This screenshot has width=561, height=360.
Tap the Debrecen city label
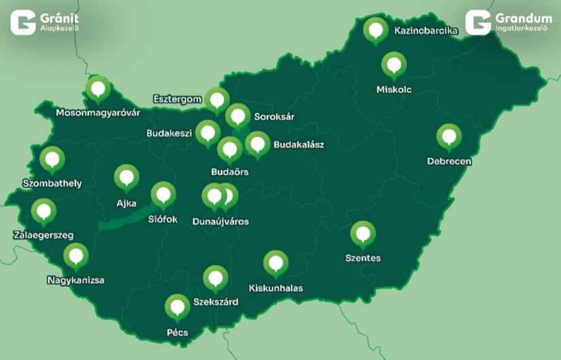(x=449, y=161)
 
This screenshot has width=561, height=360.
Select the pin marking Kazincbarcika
(x=375, y=30)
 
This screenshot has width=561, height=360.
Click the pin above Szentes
(x=362, y=234)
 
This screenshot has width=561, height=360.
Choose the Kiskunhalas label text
(x=275, y=288)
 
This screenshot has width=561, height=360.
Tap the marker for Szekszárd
(x=216, y=278)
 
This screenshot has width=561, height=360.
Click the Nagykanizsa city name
(x=75, y=280)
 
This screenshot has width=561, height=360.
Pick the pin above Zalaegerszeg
(x=44, y=211)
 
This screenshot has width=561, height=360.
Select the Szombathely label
(x=52, y=183)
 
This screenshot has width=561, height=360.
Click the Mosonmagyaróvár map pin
(x=99, y=88)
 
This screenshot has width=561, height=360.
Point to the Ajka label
(x=126, y=202)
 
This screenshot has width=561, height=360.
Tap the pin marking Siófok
(x=163, y=195)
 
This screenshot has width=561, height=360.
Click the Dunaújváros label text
(x=220, y=221)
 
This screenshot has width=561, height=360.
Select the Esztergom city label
(x=177, y=99)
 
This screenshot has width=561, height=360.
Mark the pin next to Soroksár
(x=237, y=116)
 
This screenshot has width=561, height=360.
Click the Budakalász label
(x=299, y=144)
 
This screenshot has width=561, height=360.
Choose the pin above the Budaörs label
(x=230, y=148)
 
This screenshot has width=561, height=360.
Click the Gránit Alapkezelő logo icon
(x=23, y=22)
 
